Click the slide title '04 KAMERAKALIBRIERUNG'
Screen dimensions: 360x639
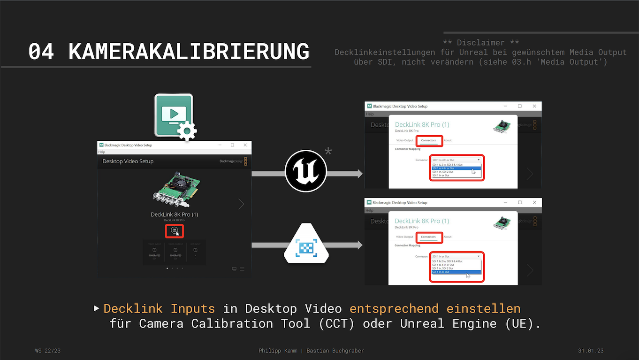pyautogui.click(x=168, y=51)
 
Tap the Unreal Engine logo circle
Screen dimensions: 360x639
pyautogui.click(x=306, y=171)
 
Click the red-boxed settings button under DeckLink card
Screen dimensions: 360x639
pyautogui.click(x=174, y=231)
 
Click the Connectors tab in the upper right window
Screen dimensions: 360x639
pyautogui.click(x=428, y=140)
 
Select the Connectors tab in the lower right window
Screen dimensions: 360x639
pyautogui.click(x=428, y=237)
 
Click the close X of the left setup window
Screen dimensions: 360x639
pyautogui.click(x=245, y=145)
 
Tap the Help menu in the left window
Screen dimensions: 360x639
pyautogui.click(x=102, y=152)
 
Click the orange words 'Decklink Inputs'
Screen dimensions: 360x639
pyautogui.click(x=159, y=309)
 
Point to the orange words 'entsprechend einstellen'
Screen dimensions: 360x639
pyautogui.click(x=435, y=309)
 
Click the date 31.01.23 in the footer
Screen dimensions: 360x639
pyautogui.click(x=590, y=351)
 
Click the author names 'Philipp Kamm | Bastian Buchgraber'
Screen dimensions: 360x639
pyautogui.click(x=311, y=351)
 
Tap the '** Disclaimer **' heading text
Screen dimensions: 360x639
pyautogui.click(x=481, y=43)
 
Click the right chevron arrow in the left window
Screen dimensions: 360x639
pyautogui.click(x=241, y=204)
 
